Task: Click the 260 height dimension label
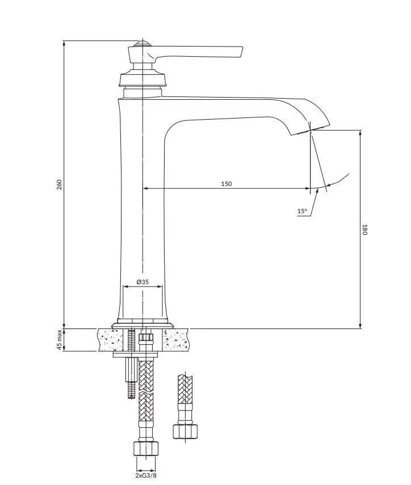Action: click(x=60, y=184)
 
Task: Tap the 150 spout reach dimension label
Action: click(x=227, y=184)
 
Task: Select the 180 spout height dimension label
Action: click(x=364, y=230)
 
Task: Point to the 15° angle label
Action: click(x=302, y=211)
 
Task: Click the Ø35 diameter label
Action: click(x=142, y=282)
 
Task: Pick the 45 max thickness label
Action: click(x=60, y=340)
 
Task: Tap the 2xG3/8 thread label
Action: click(x=146, y=475)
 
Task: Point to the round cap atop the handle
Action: click(x=142, y=43)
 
